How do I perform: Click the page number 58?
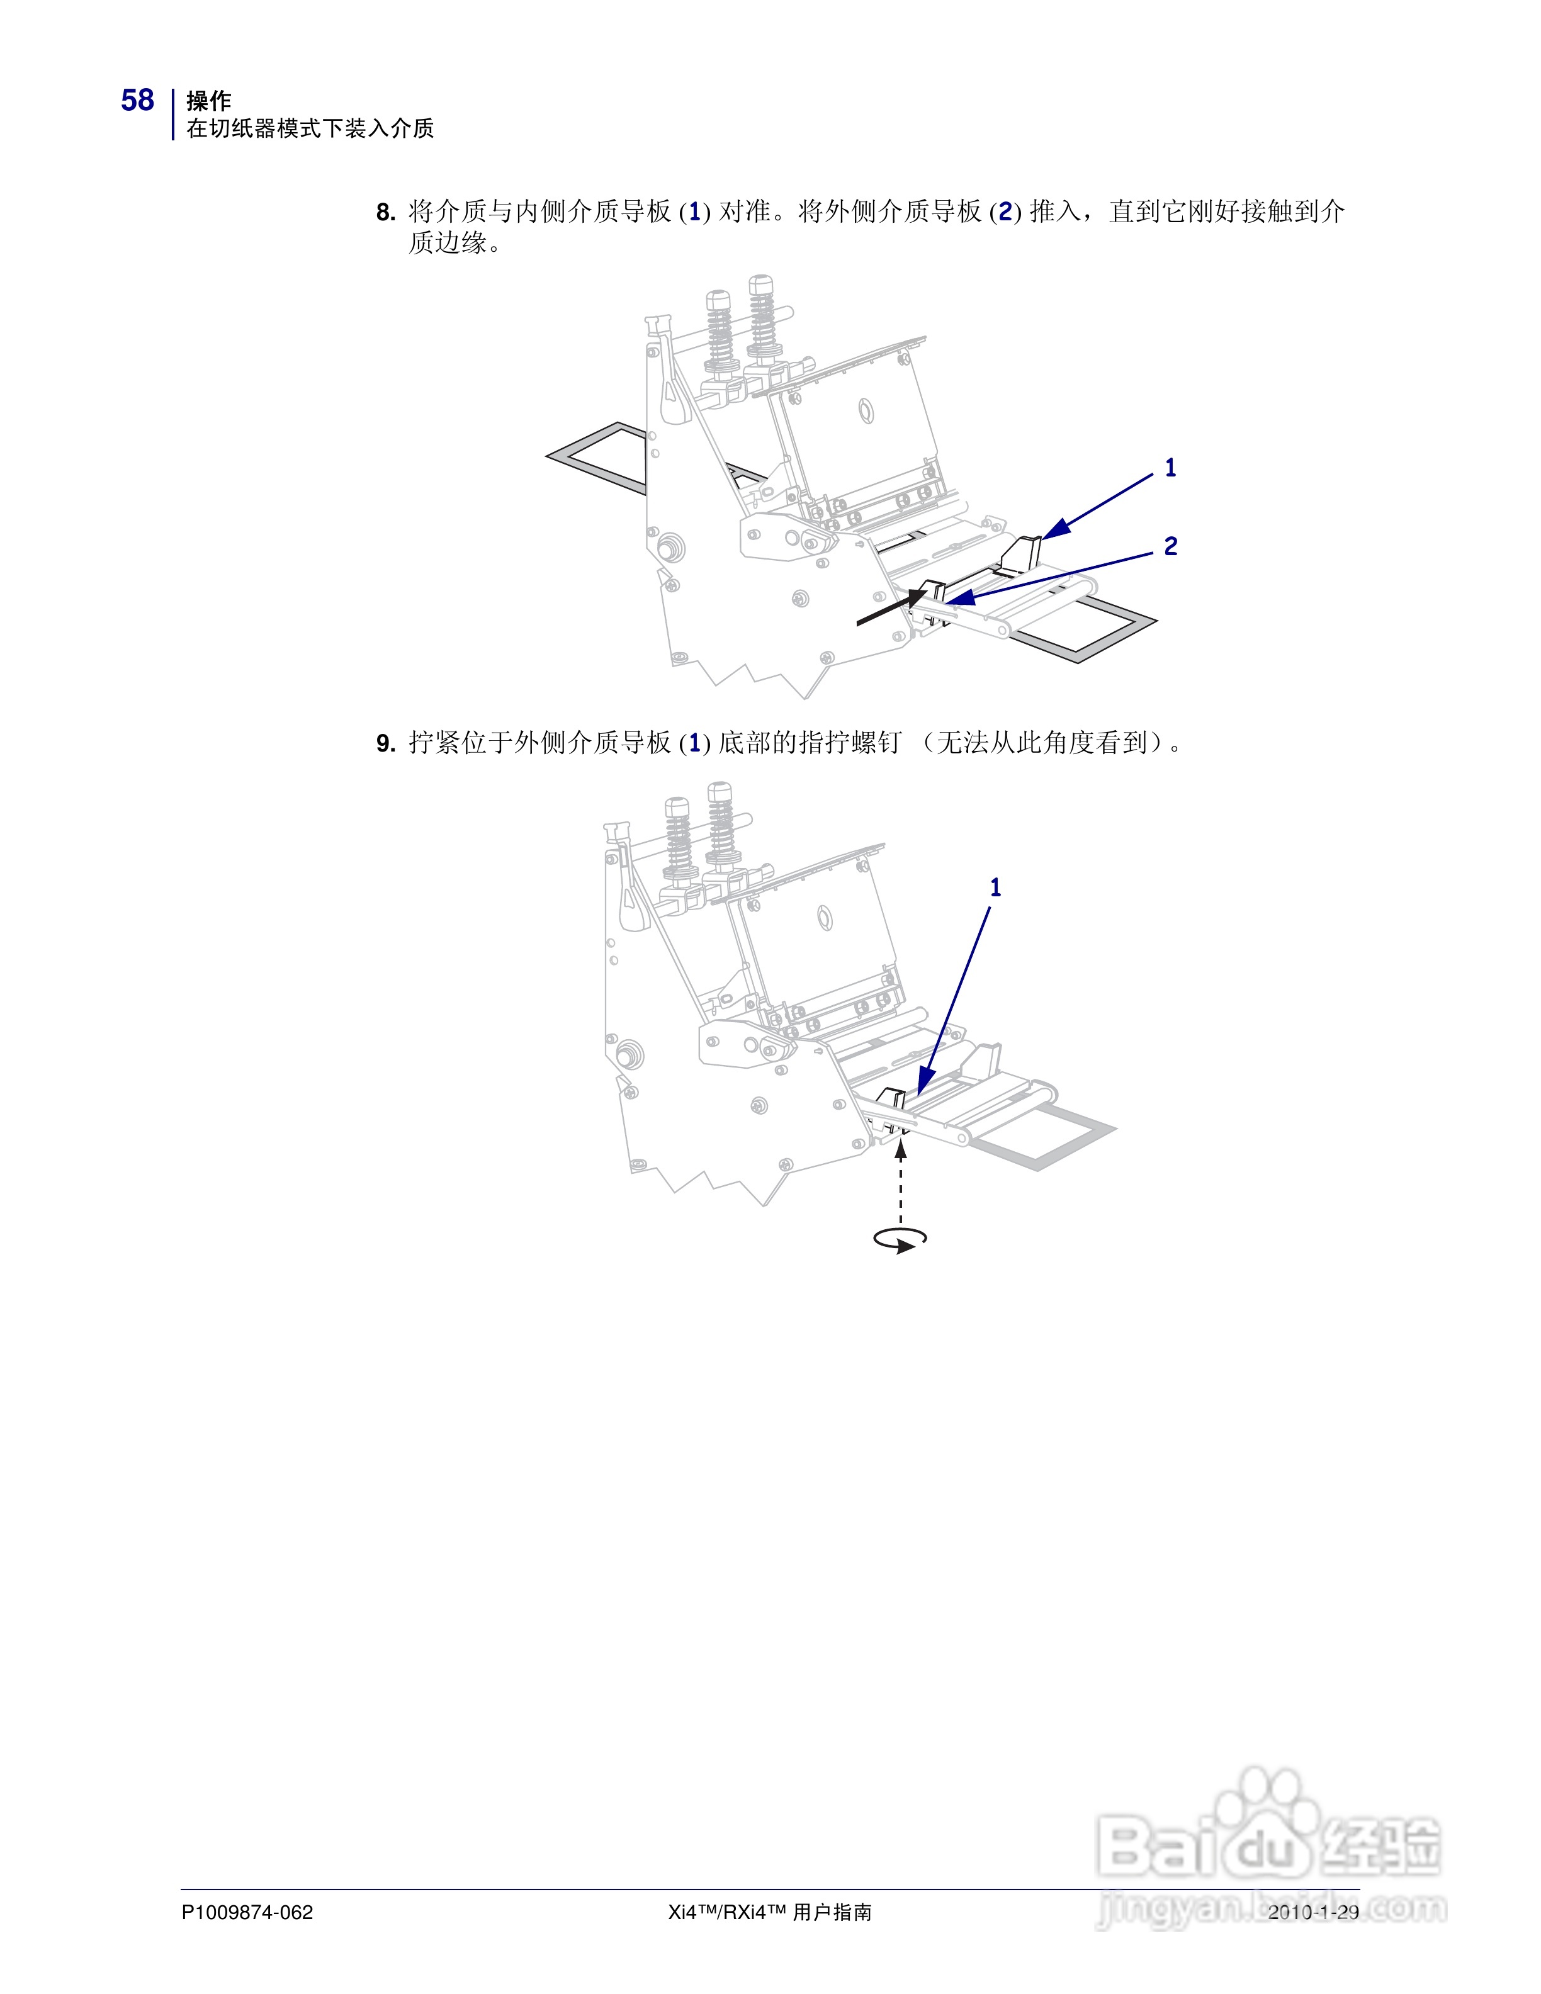[138, 101]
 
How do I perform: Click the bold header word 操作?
[208, 101]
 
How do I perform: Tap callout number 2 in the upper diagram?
[1170, 546]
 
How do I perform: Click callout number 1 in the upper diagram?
[1170, 468]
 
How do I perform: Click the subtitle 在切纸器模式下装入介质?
[310, 129]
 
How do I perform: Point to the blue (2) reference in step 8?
[1005, 213]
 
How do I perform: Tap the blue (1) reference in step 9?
[695, 743]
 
